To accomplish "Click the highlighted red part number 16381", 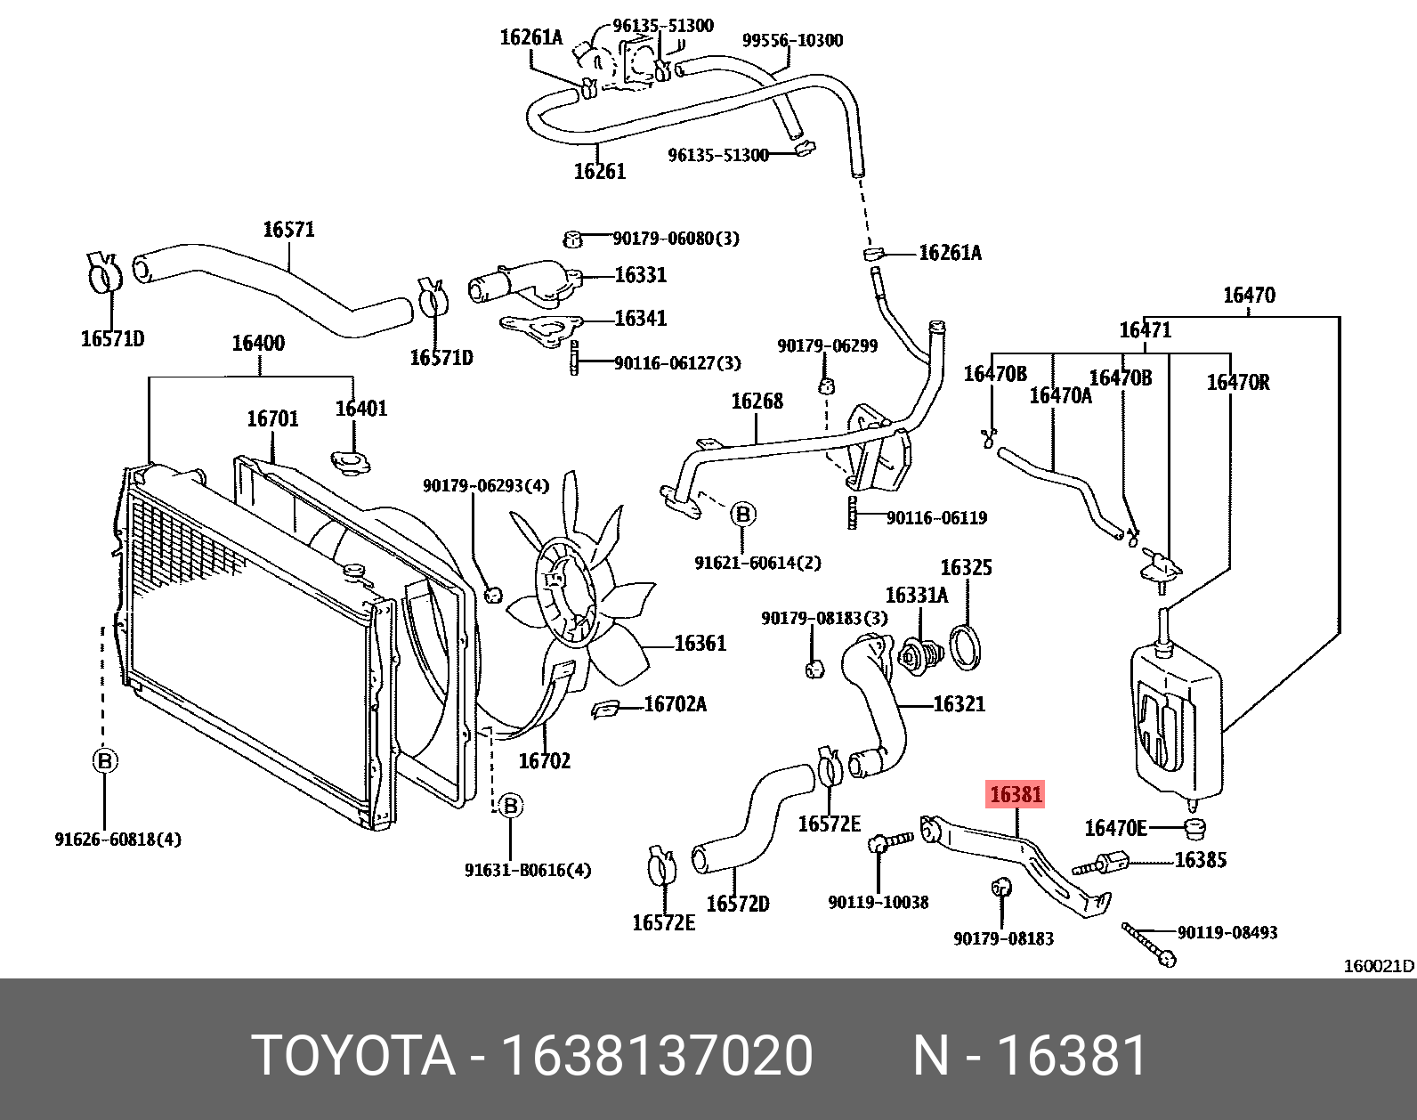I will (1015, 794).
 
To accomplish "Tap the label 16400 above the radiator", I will (258, 343).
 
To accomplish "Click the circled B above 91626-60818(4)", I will (104, 761).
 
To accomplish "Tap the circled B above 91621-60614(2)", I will (743, 515).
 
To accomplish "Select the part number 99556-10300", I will (792, 40).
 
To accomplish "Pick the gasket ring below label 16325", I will (966, 647).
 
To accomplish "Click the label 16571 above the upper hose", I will (288, 230).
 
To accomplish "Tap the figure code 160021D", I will (1378, 966).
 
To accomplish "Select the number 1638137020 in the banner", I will (657, 1057).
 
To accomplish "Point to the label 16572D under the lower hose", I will (737, 904).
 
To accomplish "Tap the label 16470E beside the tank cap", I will (1115, 829).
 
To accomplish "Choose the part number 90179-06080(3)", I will (676, 239).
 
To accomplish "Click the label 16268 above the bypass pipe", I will (757, 402).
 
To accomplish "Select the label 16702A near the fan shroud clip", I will (675, 704).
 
